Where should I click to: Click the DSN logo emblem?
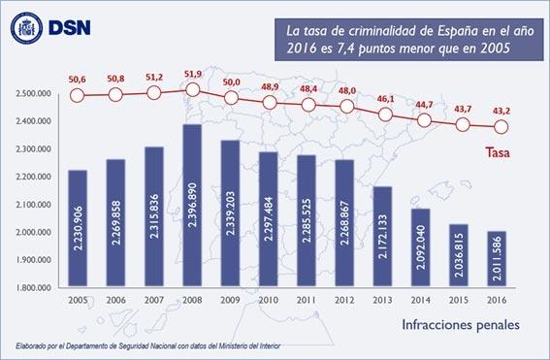(26, 27)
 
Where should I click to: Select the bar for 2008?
(192, 206)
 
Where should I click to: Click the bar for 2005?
(78, 229)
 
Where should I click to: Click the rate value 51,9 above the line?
(192, 74)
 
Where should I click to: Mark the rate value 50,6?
(78, 79)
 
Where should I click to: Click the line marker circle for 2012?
(345, 106)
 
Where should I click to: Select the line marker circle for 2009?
(231, 98)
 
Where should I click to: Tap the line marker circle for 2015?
(461, 124)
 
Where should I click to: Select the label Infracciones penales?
(460, 322)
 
